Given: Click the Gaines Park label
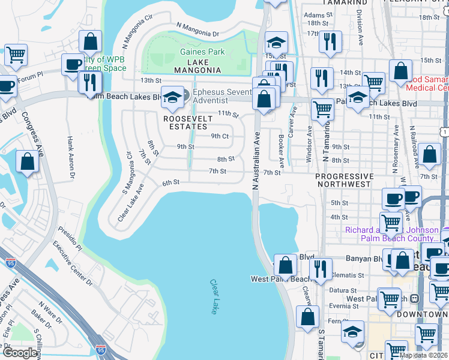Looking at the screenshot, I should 202,52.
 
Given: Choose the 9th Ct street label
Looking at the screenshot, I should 220,136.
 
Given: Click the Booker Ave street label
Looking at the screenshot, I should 281,150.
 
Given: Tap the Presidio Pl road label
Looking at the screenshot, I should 70,238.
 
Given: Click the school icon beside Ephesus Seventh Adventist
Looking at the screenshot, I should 172,98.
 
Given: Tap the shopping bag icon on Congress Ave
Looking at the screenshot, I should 28,161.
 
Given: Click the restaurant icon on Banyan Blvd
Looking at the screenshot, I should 322,268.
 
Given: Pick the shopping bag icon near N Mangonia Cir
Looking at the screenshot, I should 90,41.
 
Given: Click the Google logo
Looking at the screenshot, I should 20,353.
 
